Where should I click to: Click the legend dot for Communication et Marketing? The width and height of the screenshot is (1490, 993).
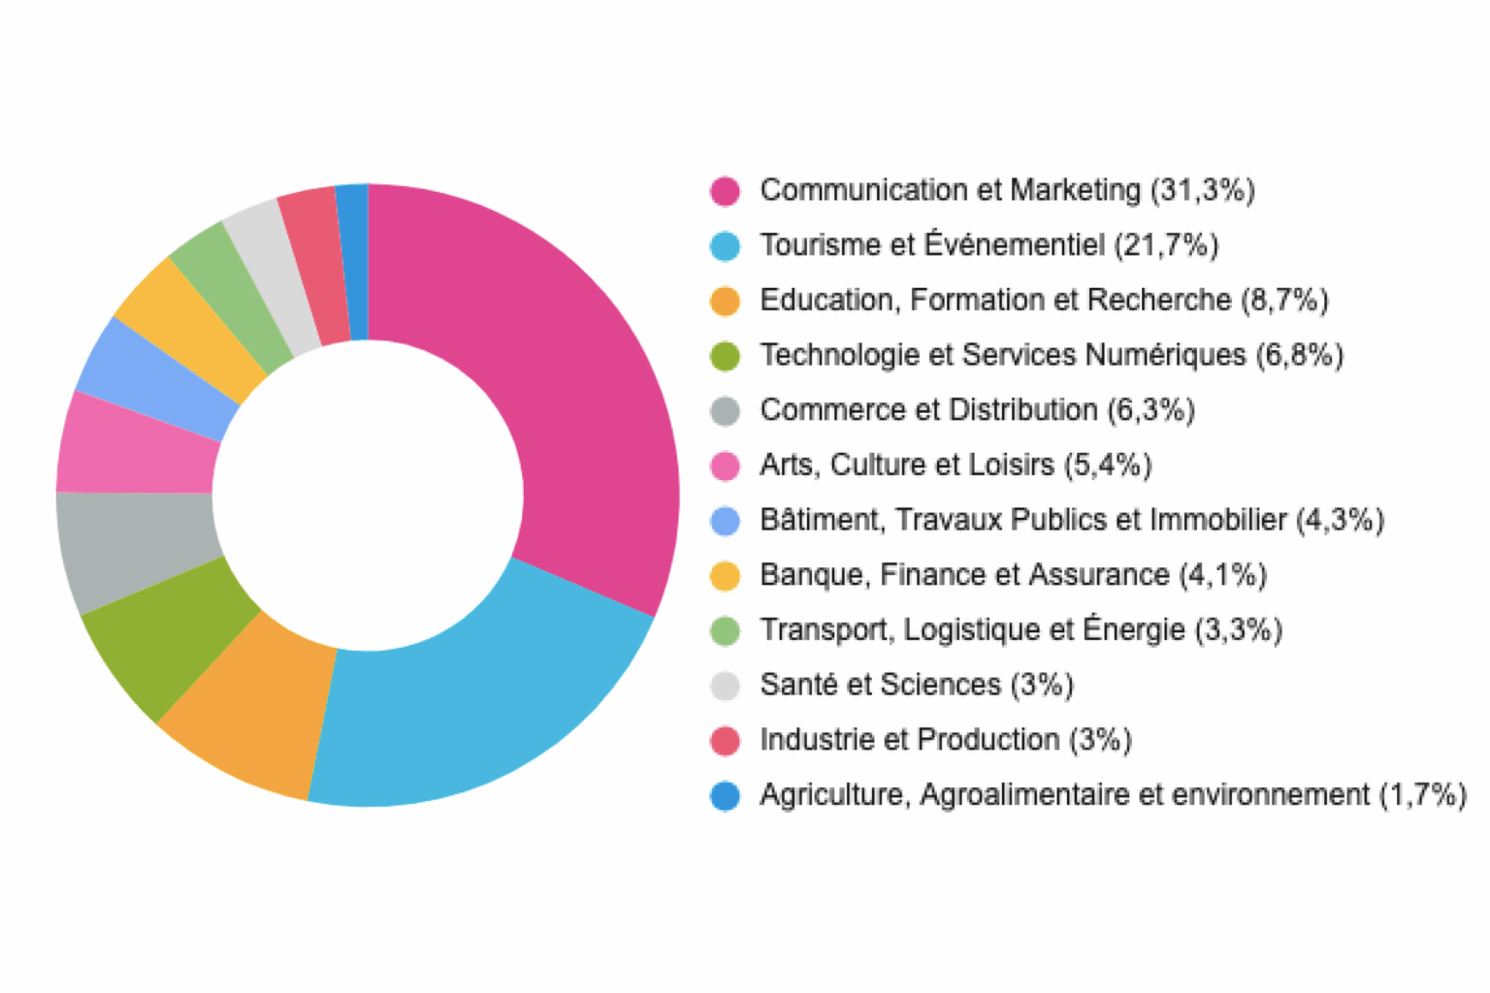click(x=725, y=191)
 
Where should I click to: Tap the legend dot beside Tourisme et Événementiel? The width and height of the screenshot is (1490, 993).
click(x=725, y=246)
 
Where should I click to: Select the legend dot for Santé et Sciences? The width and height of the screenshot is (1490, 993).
click(x=725, y=686)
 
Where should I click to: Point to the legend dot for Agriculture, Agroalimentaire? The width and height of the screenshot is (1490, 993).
click(x=725, y=796)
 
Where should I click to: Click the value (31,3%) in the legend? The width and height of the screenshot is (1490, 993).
click(x=1202, y=190)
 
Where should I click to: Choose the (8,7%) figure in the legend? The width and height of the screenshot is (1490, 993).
click(x=1284, y=301)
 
